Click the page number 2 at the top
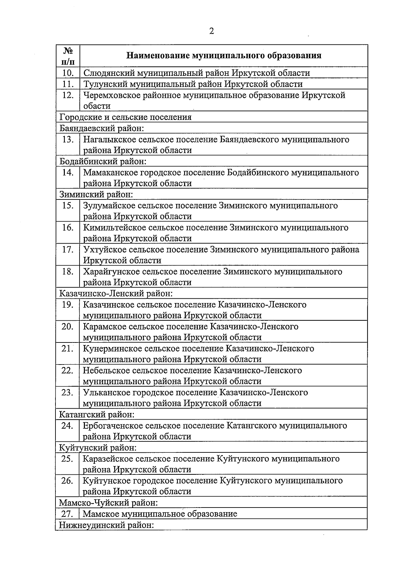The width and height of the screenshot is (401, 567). pyautogui.click(x=211, y=31)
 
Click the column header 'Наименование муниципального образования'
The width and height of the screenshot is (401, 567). pyautogui.click(x=224, y=55)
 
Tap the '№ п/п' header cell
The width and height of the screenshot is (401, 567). pyautogui.click(x=68, y=56)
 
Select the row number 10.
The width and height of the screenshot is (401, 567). pyautogui.click(x=68, y=73)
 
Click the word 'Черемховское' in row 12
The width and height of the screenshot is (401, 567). pyautogui.click(x=112, y=95)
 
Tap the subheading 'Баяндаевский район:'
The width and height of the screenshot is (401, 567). pyautogui.click(x=102, y=128)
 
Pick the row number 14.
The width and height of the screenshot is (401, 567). pyautogui.click(x=68, y=172)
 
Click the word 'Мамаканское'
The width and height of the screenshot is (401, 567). pyautogui.click(x=110, y=172)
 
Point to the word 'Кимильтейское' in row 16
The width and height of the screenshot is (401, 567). pyautogui.click(x=114, y=228)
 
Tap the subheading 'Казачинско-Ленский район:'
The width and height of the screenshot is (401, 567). pyautogui.click(x=116, y=294)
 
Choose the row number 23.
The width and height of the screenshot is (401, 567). pyautogui.click(x=68, y=392)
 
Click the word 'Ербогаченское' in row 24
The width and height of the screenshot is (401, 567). pyautogui.click(x=114, y=426)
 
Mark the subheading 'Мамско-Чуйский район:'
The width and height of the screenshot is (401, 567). pyautogui.click(x=108, y=503)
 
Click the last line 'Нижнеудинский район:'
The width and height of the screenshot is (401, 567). pyautogui.click(x=106, y=525)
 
